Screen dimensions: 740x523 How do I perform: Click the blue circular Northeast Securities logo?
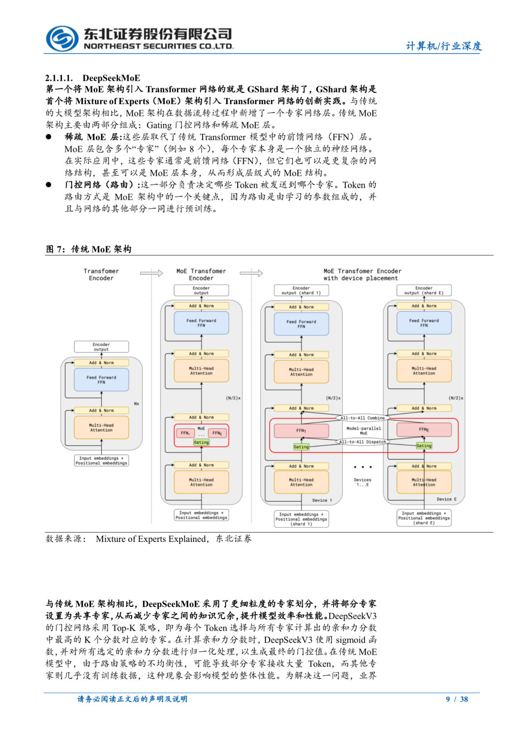point(62,39)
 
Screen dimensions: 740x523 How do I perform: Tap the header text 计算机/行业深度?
point(444,46)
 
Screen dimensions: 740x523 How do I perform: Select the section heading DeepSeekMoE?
point(111,78)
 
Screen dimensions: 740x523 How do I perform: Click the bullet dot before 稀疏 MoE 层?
point(48,137)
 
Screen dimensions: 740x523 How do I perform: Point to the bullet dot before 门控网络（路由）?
point(48,185)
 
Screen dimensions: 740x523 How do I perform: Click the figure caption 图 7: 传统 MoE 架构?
point(89,249)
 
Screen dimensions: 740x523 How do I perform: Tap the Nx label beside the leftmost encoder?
point(137,403)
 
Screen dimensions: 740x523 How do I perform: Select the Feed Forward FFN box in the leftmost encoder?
point(101,380)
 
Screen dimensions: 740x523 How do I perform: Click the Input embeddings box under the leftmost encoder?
point(101,461)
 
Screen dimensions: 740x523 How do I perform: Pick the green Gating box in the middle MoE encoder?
point(201,442)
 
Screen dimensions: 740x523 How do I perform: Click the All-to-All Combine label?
point(362,417)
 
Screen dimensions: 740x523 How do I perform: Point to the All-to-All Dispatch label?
point(362,442)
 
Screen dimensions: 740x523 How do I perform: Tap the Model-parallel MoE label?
point(364,431)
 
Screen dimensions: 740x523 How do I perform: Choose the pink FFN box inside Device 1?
point(301,430)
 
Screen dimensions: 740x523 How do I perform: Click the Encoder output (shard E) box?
point(424,290)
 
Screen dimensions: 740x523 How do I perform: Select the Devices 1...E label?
point(363,482)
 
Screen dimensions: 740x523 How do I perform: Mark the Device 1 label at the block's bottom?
point(322,500)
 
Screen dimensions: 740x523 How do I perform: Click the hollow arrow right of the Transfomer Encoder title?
point(152,273)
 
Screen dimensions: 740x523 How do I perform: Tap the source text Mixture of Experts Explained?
point(151,539)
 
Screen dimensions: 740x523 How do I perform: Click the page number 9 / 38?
point(457,699)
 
